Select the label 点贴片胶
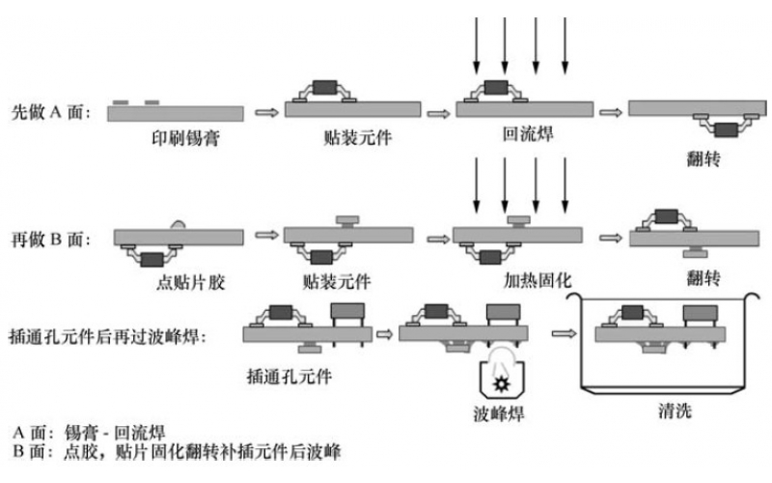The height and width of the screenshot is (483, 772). tap(181, 282)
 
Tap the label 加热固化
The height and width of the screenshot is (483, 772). tap(538, 281)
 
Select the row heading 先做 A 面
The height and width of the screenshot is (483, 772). tap(50, 113)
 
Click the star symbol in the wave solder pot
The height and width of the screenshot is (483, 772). tap(501, 383)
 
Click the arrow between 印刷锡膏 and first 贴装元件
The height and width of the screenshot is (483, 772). tap(264, 113)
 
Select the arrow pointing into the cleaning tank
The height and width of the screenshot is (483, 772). tap(562, 333)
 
